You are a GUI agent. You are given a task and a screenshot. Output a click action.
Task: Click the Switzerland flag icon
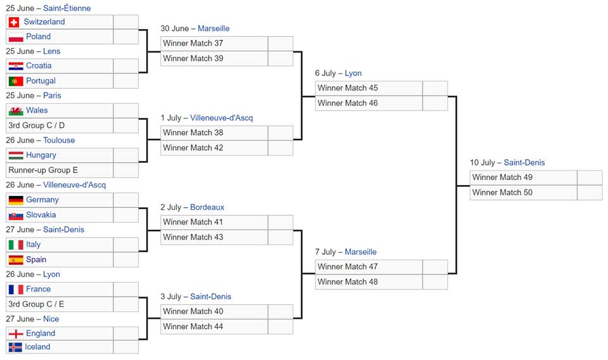click(14, 22)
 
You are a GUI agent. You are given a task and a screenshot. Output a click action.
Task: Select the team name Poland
click(38, 37)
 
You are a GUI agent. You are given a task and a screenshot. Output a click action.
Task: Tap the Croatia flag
click(16, 66)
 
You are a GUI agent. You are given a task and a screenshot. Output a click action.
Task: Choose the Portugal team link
click(41, 81)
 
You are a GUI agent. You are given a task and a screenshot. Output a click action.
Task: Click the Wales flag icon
click(16, 111)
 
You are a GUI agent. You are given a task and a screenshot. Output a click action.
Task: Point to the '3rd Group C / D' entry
click(37, 125)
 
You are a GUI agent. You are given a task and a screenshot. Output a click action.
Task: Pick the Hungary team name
click(41, 155)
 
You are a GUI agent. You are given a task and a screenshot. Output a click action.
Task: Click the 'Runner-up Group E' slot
click(43, 170)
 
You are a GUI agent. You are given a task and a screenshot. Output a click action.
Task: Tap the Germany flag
click(16, 200)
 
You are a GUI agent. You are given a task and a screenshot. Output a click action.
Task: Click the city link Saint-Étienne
click(66, 8)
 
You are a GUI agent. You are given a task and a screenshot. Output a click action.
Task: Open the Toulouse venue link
click(59, 140)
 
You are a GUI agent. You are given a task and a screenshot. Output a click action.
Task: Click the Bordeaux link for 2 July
click(207, 207)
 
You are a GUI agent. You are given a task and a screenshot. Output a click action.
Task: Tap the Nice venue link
click(51, 319)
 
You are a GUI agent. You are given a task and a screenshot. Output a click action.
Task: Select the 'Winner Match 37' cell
click(193, 44)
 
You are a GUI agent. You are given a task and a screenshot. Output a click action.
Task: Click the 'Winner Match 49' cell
click(502, 177)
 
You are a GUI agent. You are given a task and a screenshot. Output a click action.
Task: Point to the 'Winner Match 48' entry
click(348, 282)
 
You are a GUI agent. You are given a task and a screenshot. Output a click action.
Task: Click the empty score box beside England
click(125, 333)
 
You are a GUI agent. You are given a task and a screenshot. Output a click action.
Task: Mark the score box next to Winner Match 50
click(589, 193)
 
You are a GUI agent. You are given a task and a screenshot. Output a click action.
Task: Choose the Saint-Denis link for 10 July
click(524, 163)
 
